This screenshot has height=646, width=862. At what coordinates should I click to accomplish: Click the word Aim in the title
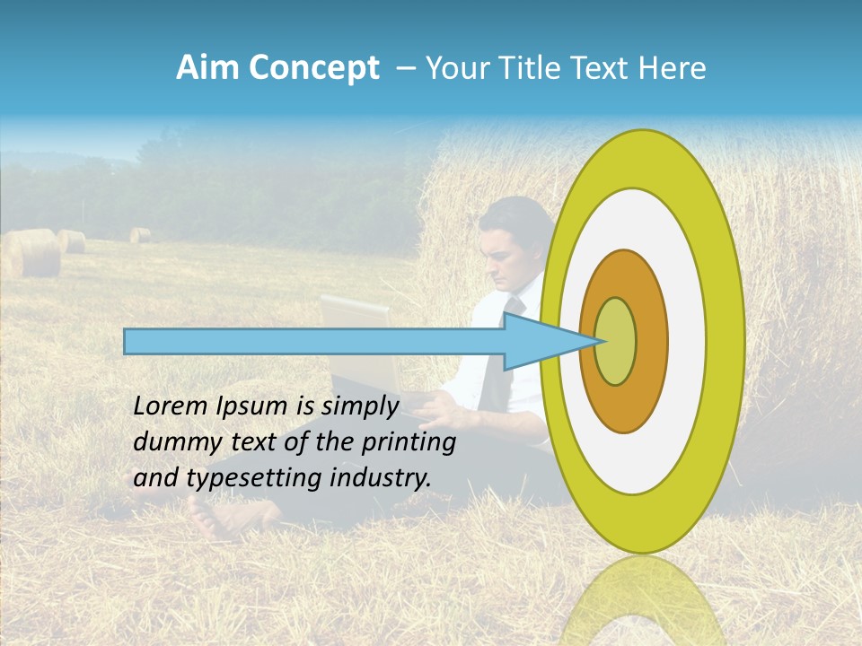(x=207, y=68)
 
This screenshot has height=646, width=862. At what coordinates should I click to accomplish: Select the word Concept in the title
(x=312, y=68)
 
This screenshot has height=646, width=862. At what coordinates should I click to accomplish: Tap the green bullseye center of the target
(x=616, y=342)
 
